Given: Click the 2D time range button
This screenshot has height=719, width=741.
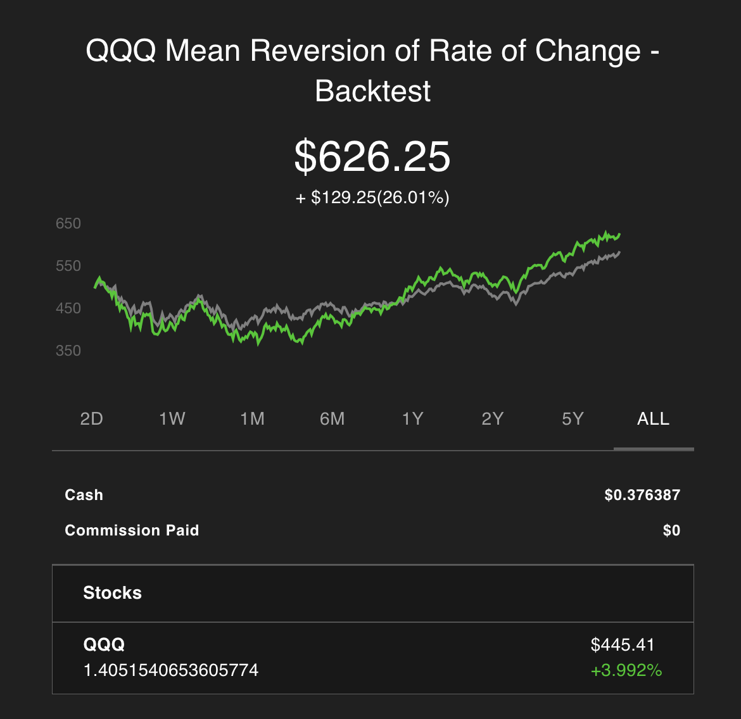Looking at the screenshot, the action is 92,418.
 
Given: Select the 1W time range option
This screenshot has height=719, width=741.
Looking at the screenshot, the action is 172,418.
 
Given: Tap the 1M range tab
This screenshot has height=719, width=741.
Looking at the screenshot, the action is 252,418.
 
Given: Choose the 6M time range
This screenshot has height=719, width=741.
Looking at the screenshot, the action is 332,418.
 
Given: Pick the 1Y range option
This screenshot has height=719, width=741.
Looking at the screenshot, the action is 412,418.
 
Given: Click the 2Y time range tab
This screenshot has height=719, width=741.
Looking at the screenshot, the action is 493,418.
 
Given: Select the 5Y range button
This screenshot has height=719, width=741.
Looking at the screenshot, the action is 573,418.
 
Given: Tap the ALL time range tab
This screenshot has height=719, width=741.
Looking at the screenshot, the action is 653,418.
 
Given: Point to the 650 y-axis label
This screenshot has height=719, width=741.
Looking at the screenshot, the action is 68,223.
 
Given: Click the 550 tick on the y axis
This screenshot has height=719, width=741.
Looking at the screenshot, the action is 68,266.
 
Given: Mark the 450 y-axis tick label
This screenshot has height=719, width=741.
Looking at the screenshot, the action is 68,308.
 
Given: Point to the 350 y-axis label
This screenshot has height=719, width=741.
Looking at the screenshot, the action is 68,351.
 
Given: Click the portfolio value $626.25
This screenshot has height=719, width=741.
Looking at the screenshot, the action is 372,156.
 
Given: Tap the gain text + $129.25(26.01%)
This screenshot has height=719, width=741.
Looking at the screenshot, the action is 372,197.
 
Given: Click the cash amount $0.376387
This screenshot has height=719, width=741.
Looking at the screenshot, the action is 642,494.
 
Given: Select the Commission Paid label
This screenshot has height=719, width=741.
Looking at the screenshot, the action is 132,530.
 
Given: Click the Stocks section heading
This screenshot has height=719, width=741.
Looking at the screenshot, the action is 113,593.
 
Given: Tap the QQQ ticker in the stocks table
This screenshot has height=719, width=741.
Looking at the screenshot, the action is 104,644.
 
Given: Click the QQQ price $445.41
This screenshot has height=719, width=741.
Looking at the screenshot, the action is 623,645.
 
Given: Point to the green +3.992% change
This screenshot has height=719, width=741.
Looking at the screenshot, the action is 626,670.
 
